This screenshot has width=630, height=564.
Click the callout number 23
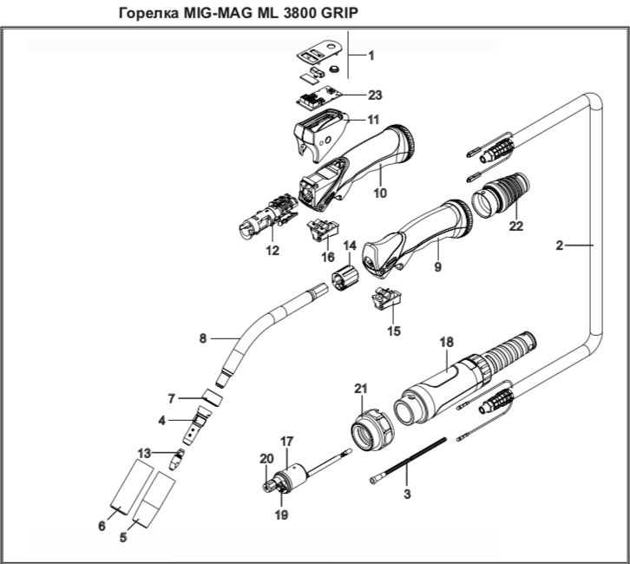point(375,94)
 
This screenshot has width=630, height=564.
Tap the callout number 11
point(373,119)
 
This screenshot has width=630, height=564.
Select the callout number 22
point(517,226)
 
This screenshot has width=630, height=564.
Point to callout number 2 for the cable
point(561,246)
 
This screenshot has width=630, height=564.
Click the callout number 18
point(446,344)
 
